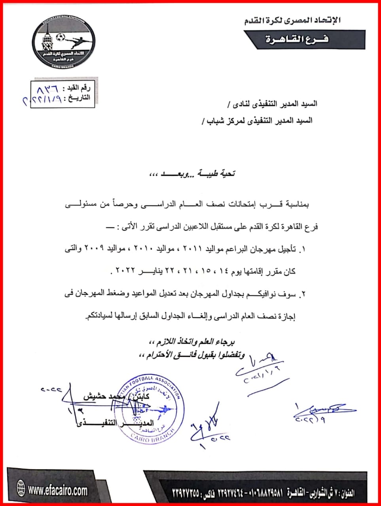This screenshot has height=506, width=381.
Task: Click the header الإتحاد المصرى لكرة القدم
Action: coord(292,21)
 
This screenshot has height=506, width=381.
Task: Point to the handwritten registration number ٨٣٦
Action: coord(47,87)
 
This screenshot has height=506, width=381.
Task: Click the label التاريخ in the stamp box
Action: coord(79,97)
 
